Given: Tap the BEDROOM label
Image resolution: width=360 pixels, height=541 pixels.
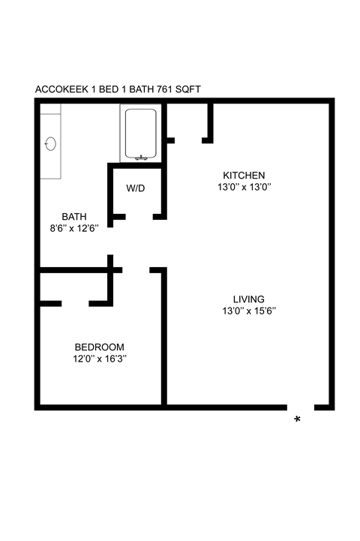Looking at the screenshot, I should (99, 347).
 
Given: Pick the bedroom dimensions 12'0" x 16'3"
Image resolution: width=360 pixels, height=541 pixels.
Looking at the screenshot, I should (99, 359).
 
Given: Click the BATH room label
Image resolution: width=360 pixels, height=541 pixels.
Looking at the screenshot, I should (74, 217).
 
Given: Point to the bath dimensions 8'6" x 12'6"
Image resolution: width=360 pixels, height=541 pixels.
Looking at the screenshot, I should (74, 229).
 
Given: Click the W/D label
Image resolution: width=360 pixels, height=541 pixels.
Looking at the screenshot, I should (136, 188).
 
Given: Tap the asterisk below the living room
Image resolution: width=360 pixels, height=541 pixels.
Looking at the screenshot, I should (298, 419).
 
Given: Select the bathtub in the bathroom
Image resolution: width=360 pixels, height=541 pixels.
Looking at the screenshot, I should (140, 133).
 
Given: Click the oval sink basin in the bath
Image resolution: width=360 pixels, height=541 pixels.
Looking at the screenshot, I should (51, 143).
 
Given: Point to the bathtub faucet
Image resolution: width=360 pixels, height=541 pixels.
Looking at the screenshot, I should (140, 157).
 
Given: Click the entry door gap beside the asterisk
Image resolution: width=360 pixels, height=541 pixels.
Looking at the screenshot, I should (301, 407).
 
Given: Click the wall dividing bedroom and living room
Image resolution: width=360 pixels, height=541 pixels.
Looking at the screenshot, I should (163, 338).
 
